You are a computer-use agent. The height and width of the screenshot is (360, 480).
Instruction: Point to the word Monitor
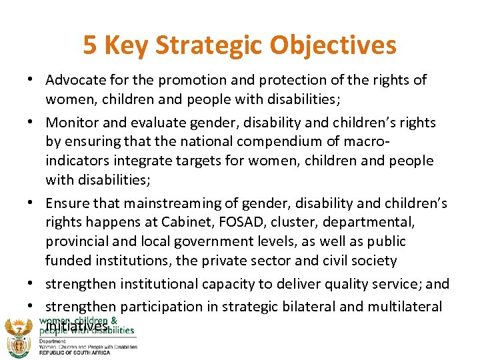click(69, 123)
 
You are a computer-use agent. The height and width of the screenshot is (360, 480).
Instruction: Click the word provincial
click(75, 241)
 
